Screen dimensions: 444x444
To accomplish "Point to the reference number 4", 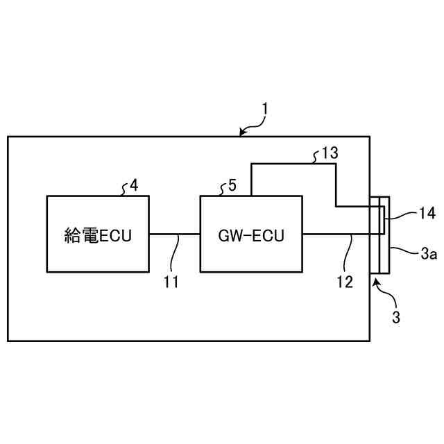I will [x=134, y=185].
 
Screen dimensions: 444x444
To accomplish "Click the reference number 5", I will [x=232, y=185].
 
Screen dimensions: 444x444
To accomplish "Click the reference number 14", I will [x=427, y=214].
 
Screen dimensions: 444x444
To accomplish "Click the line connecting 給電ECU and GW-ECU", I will [x=174, y=234].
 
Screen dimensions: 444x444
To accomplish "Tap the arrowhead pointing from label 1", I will [x=241, y=133].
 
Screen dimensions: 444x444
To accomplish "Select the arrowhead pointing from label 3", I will [x=376, y=280].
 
